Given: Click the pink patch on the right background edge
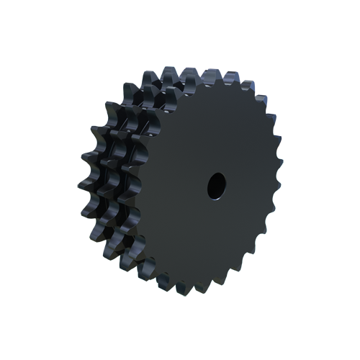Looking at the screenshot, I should click(x=281, y=133).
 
